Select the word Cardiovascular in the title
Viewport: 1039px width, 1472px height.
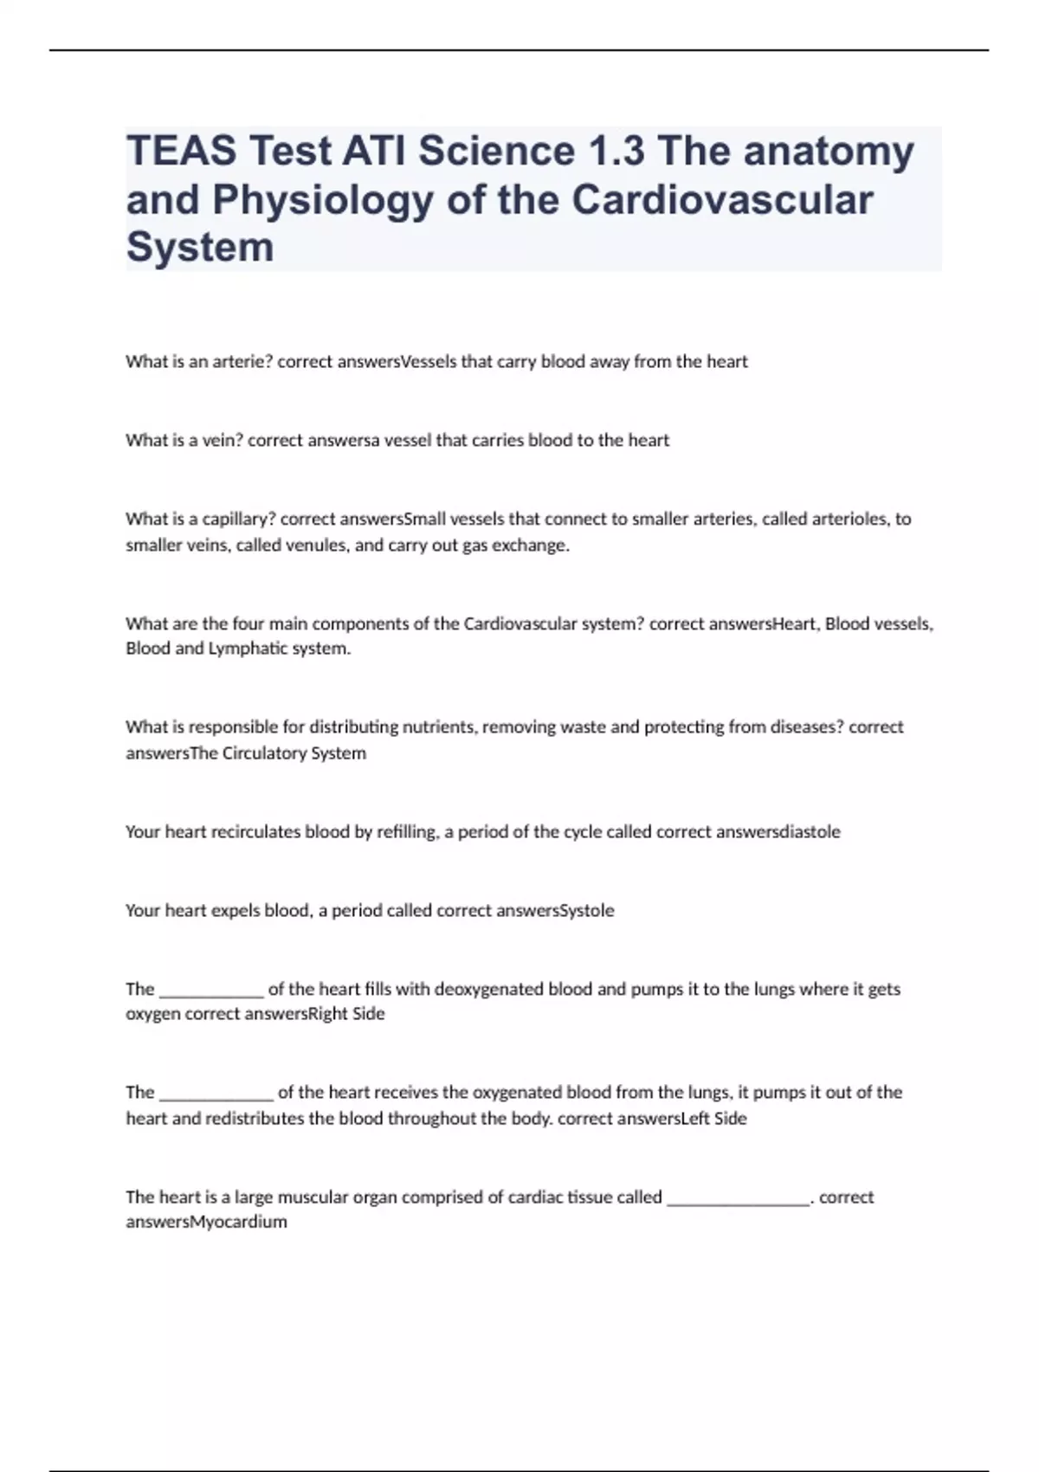(x=722, y=200)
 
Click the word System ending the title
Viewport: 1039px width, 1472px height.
(x=200, y=248)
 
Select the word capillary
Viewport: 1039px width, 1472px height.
(x=238, y=520)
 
